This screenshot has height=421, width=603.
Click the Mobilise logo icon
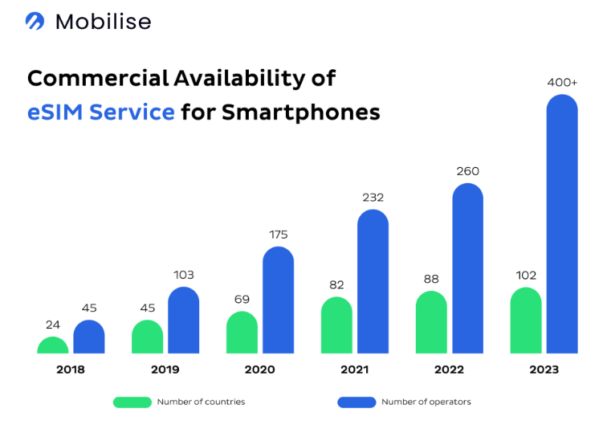click(35, 22)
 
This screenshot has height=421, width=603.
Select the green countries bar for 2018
click(53, 345)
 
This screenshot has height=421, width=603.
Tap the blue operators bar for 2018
click(89, 337)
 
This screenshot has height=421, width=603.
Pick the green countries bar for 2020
click(242, 333)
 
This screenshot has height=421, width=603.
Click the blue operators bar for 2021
click(373, 282)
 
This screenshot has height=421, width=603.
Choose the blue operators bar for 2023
click(562, 225)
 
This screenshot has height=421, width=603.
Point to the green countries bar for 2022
click(431, 322)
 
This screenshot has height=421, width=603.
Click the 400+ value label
click(563, 83)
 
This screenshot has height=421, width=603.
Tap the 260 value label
click(468, 171)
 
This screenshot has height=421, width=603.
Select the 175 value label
click(279, 235)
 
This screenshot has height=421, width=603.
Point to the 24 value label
click(53, 325)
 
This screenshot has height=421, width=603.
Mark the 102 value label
click(526, 275)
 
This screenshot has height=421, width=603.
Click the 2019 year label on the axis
click(165, 370)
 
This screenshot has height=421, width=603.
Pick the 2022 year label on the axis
click(450, 370)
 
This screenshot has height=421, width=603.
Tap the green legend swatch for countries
click(132, 402)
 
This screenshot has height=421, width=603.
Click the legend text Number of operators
click(426, 402)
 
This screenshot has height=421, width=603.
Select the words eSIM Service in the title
click(101, 112)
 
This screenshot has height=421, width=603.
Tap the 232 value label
click(373, 198)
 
